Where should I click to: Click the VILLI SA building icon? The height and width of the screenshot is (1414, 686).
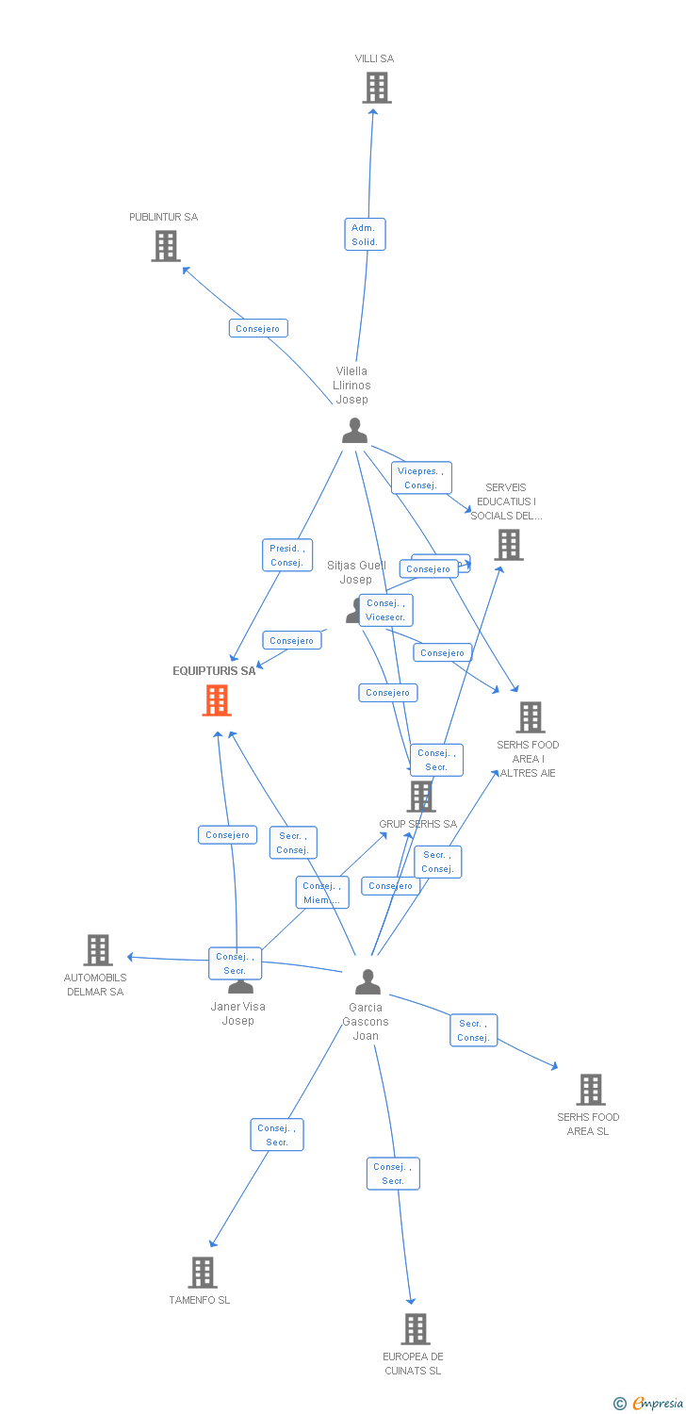point(376,88)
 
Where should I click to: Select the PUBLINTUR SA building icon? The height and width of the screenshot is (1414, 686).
point(166,246)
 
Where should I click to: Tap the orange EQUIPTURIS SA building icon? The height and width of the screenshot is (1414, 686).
point(217,700)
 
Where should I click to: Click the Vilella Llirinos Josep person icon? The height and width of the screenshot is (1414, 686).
point(354,431)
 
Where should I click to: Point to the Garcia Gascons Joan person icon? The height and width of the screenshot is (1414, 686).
point(367,982)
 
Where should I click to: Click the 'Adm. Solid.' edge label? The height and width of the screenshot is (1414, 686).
point(365,235)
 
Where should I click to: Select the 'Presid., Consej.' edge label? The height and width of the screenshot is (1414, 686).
point(286,555)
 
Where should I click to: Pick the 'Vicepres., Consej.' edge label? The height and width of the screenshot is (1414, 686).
point(421,478)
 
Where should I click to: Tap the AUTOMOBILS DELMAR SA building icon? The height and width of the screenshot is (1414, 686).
point(97,950)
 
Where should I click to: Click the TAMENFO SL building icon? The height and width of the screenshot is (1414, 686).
point(202,1272)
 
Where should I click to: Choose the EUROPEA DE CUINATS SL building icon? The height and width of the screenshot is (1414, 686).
point(415,1329)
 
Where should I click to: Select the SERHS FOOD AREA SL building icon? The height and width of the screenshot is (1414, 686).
point(590,1090)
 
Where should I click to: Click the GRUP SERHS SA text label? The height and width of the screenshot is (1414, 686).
point(417,824)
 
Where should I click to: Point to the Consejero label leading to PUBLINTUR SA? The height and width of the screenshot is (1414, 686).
point(258,328)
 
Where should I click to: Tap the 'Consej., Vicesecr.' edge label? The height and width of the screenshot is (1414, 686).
point(385,610)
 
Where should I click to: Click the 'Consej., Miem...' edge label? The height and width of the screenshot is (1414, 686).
point(322,893)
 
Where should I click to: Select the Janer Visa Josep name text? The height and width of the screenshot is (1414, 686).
point(237,1013)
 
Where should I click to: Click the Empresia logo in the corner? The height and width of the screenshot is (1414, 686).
point(648,1404)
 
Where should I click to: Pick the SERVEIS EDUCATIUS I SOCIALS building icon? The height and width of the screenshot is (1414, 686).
point(508,545)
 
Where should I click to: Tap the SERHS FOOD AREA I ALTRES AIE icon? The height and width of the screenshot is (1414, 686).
point(531,717)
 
